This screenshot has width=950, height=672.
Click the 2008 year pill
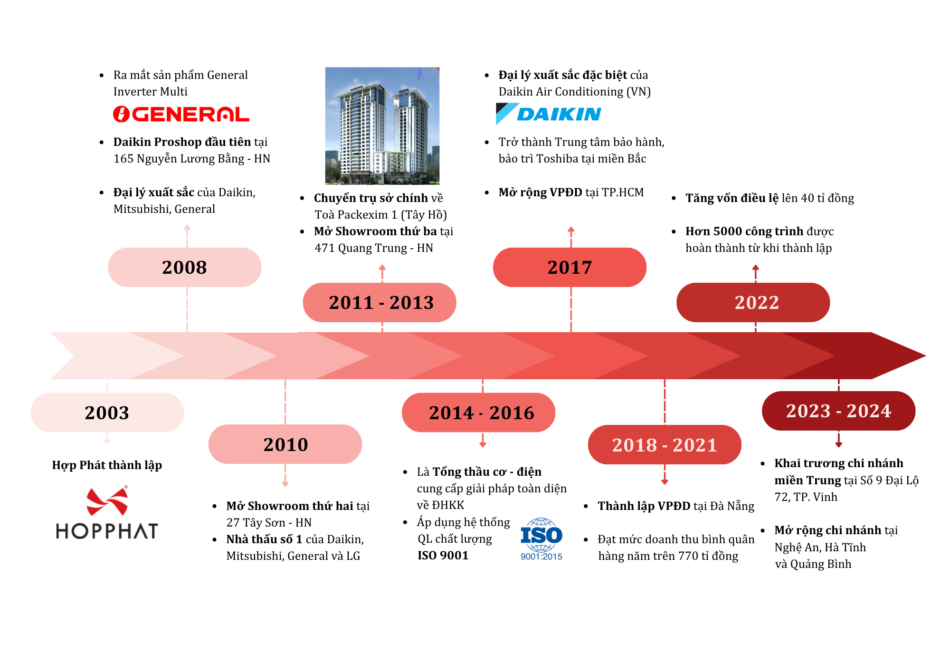pos(184,267)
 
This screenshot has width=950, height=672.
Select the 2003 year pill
pos(107,413)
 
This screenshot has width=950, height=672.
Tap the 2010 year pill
pos(285,444)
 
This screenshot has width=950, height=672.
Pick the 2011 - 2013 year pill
pos(380,303)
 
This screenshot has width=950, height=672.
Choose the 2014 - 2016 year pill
pos(479,413)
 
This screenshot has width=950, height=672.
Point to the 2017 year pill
pos(570,267)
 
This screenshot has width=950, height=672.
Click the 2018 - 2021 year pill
pos(665,445)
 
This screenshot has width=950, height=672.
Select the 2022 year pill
pos(753,303)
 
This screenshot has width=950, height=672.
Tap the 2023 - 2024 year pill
pos(838,411)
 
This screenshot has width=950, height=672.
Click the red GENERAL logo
pos(181,114)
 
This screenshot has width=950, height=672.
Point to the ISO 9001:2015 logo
pos(541,539)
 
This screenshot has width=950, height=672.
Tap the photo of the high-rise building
pos(382,126)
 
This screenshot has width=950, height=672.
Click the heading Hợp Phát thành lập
pos(107,465)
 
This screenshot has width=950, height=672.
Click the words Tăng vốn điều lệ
pos(732,198)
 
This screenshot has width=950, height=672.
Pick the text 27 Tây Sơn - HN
pos(269,523)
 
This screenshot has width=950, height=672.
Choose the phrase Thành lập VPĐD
pos(644,506)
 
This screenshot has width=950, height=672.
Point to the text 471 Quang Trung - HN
pos(374,248)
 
